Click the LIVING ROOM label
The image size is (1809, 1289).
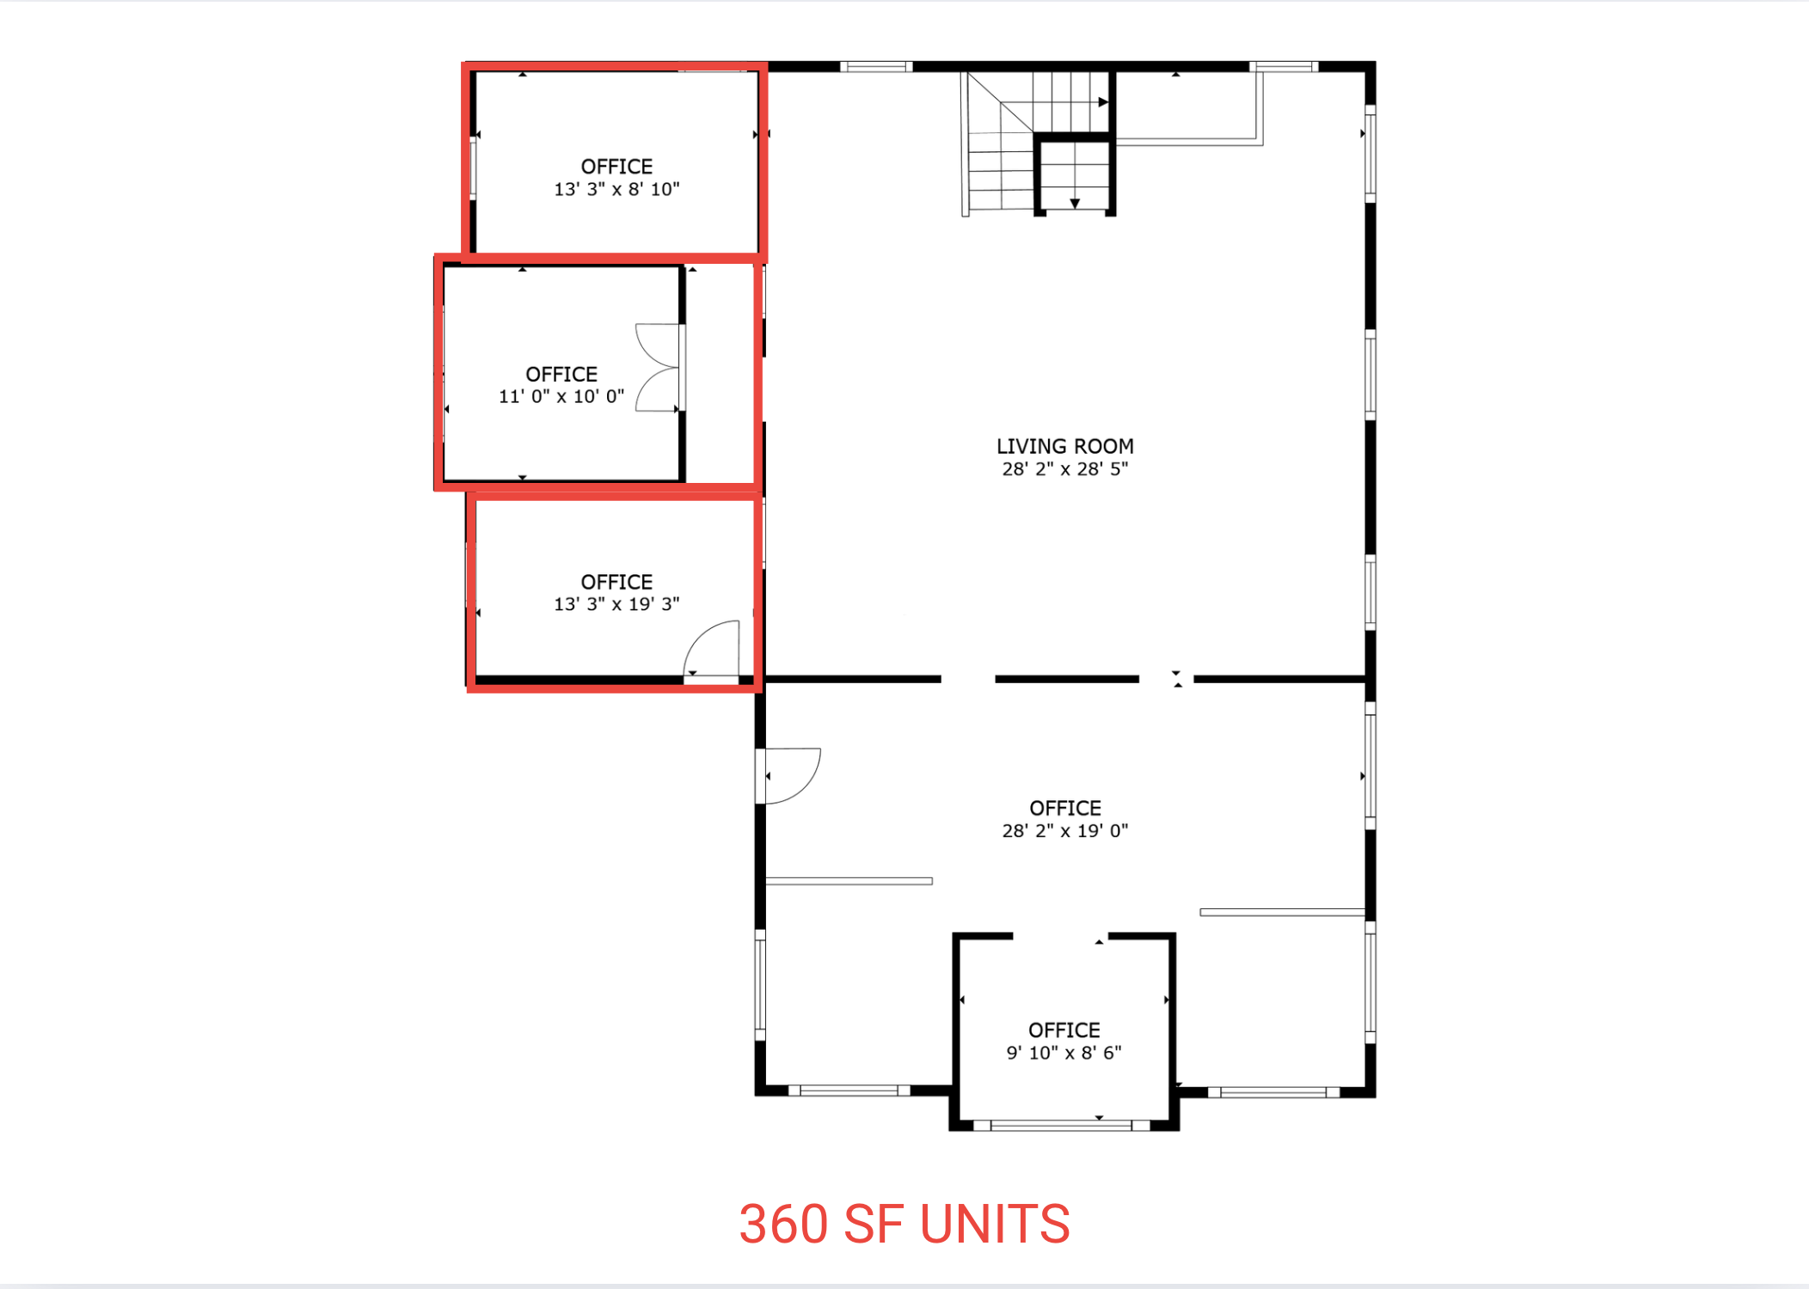(1064, 446)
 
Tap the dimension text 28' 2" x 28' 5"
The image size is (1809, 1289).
(1064, 469)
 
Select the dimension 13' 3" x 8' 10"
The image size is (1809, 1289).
(616, 189)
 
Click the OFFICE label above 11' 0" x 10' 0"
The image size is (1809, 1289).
(561, 374)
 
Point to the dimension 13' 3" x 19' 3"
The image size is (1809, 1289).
(616, 604)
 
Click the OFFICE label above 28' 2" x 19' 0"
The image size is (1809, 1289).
(1064, 808)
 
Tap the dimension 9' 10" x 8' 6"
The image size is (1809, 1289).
(1064, 1053)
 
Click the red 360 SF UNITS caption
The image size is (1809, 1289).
(904, 1224)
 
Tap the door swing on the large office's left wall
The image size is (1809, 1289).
(791, 775)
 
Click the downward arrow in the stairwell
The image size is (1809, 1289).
(1075, 204)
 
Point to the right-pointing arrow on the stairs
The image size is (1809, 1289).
(1103, 102)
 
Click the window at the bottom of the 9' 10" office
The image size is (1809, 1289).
(1062, 1125)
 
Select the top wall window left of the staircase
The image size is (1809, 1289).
(875, 66)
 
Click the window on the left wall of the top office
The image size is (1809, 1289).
(473, 168)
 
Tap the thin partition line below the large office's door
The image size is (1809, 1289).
(849, 881)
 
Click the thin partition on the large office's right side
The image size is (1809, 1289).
(1281, 912)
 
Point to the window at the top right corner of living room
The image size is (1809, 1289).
(1283, 66)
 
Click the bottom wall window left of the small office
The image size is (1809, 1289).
(849, 1090)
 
